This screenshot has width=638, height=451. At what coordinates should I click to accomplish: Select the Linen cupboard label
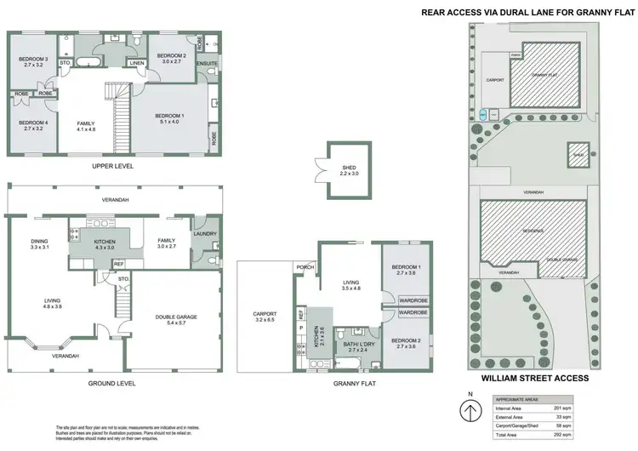(137, 63)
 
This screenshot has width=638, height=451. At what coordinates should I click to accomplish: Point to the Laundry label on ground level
(205, 234)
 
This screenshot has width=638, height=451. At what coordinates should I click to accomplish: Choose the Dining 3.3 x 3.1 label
(39, 243)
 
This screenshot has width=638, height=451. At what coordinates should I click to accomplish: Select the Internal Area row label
(510, 408)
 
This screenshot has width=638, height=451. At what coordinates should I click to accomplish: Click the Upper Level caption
(113, 165)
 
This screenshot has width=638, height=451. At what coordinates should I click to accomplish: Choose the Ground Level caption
(113, 383)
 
